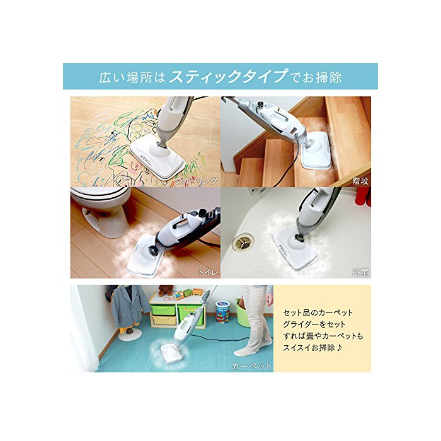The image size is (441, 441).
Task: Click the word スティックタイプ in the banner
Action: (x=229, y=76)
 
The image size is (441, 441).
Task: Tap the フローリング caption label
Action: (x=196, y=181)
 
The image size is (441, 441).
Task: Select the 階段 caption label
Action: (x=360, y=181)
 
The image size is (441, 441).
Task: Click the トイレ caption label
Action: (x=208, y=272)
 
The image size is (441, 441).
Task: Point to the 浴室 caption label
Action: (x=360, y=272)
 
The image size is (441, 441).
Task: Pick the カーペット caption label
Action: (x=251, y=366)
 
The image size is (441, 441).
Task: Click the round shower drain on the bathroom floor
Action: (x=243, y=241)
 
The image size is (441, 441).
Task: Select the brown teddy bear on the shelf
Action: (x=165, y=290)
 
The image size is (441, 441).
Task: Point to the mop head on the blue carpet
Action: (x=171, y=353)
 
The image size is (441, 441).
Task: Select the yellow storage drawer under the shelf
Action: (x=164, y=319)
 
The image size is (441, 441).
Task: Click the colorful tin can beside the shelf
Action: (x=222, y=311)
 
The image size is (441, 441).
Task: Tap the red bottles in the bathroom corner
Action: (x=363, y=197)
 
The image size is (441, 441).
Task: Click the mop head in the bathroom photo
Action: (x=295, y=247)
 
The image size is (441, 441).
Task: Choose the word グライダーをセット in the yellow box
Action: (x=314, y=324)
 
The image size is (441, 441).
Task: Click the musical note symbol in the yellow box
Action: (x=339, y=348)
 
